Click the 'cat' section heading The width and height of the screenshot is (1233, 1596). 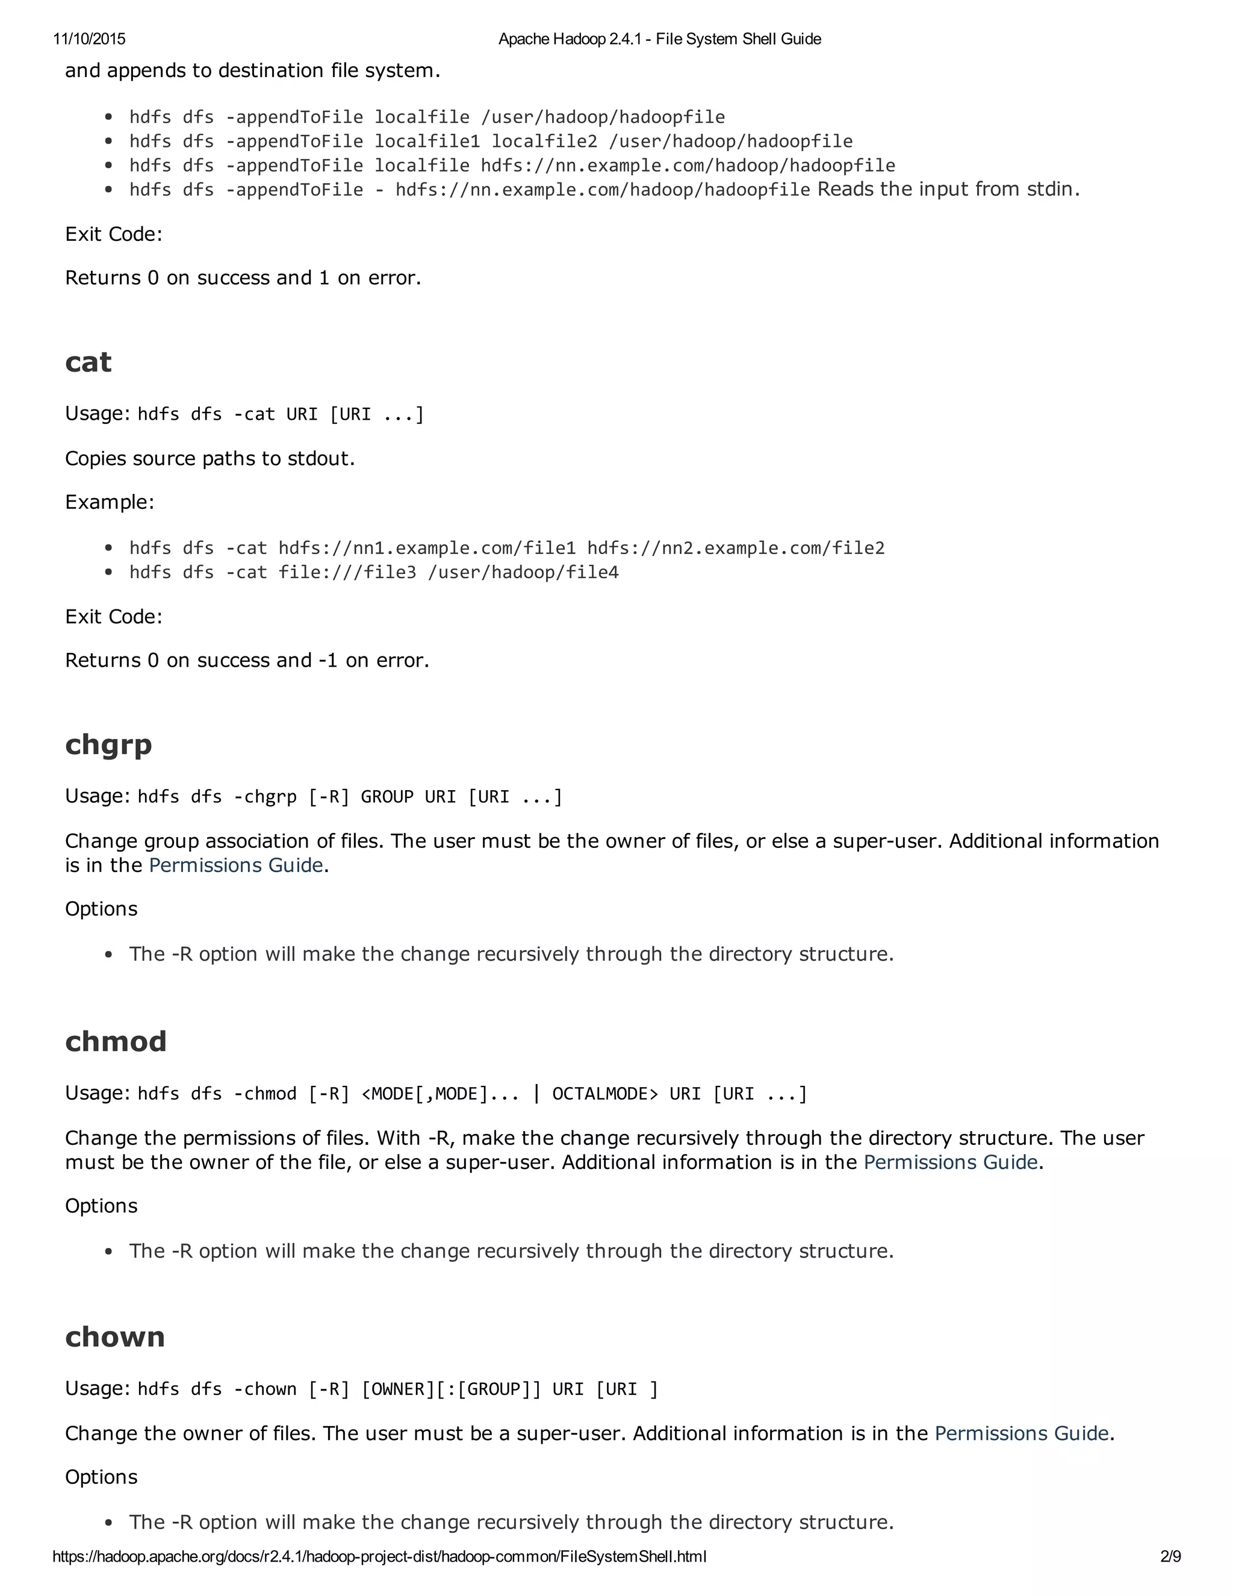[x=89, y=363]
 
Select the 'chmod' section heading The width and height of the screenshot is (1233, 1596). [x=116, y=1041]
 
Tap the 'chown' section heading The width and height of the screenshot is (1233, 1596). [x=114, y=1336]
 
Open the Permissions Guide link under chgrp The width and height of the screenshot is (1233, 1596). [x=235, y=865]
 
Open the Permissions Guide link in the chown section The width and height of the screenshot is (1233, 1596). [x=1021, y=1433]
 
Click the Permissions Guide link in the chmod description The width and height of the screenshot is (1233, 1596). [x=950, y=1162]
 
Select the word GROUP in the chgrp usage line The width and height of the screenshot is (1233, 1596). [x=387, y=797]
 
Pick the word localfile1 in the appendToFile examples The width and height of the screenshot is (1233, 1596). [x=427, y=141]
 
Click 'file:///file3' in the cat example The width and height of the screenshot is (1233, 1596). [x=347, y=572]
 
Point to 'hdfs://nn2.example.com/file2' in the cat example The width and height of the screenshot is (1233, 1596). [x=736, y=548]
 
